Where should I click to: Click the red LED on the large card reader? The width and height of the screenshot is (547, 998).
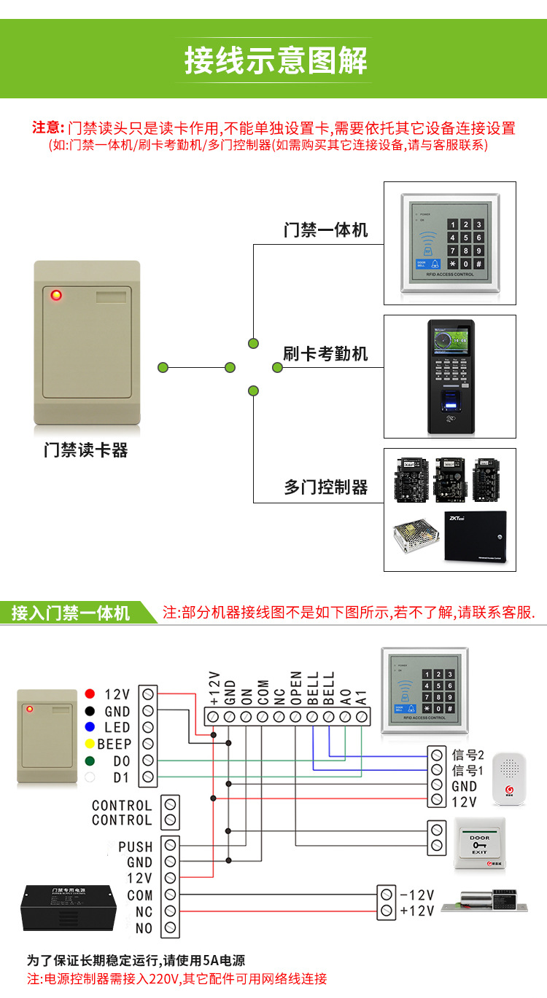pos(56,295)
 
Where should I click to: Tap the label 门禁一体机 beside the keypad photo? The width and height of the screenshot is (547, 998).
pos(325,231)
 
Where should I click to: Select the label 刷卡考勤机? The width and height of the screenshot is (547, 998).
pos(325,355)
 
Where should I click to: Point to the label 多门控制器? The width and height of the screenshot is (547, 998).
pos(325,487)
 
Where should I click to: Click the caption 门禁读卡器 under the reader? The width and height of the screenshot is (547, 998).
pos(86,450)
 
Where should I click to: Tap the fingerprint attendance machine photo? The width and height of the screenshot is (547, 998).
pos(450,377)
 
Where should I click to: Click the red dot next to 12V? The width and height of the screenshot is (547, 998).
pos(90,694)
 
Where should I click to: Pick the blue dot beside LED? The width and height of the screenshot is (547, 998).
pos(90,727)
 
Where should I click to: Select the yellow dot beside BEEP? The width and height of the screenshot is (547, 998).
pos(90,744)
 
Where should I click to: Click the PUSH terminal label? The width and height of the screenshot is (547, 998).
pos(136,846)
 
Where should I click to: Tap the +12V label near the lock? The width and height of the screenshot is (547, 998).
pos(417,911)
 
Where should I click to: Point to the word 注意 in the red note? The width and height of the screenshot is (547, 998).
pos(48,128)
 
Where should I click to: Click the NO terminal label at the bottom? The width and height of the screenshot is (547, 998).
pos(144,929)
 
